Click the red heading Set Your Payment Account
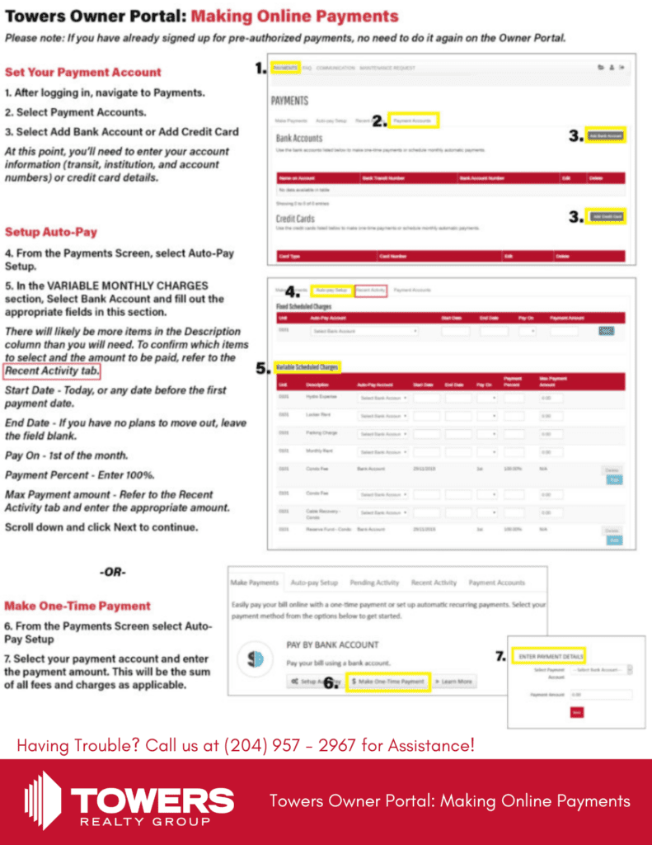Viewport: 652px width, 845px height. [83, 72]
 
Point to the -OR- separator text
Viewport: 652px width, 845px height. [112, 571]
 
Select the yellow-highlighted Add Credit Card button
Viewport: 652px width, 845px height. [606, 216]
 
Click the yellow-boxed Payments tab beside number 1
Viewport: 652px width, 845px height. [285, 68]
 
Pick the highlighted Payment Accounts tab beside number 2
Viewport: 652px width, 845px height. [413, 120]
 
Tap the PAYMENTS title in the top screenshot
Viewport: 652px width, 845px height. [289, 101]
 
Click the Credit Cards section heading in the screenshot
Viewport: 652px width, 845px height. [296, 219]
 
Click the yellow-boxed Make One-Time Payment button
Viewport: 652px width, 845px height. [387, 682]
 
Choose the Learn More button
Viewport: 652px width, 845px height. [454, 682]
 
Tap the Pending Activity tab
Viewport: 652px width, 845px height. [374, 583]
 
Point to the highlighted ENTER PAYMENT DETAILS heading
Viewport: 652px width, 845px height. [551, 656]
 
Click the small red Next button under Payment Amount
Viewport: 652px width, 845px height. [576, 712]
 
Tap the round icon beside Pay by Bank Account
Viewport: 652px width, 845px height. [256, 660]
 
